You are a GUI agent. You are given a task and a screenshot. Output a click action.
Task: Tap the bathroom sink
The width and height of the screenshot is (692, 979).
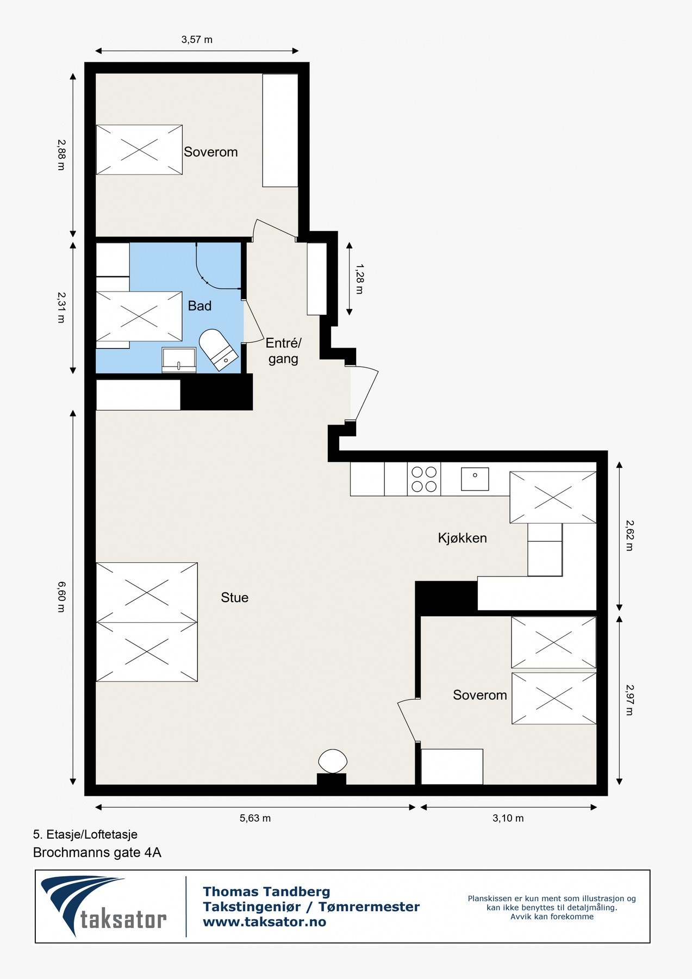179,360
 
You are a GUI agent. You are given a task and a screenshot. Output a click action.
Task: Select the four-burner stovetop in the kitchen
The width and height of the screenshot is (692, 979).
424,479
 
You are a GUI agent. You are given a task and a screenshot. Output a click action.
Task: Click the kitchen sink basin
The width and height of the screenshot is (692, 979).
475,479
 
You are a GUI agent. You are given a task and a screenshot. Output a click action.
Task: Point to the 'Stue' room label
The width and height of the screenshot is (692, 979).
234,598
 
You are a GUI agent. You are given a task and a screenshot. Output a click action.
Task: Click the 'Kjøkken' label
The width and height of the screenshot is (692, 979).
463,538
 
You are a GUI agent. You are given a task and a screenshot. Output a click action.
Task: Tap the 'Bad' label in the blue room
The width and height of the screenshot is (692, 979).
200,306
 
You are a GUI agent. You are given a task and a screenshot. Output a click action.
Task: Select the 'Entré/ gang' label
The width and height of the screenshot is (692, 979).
283,351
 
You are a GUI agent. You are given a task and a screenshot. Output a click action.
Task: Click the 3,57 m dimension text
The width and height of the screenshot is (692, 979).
197,39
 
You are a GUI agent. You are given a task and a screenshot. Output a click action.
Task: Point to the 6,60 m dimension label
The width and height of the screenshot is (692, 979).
61,597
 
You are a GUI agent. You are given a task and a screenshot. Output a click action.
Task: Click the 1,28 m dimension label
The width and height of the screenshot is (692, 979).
359,278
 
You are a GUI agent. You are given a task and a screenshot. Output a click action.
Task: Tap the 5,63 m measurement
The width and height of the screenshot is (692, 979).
255,818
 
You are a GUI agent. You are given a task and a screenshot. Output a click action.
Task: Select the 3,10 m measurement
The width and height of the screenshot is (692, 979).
508,818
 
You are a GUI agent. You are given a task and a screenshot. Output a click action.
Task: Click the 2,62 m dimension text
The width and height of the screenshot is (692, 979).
629,536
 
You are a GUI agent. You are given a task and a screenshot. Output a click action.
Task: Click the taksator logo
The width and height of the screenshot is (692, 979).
104,906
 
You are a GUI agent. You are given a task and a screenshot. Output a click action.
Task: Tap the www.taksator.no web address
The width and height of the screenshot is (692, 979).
264,922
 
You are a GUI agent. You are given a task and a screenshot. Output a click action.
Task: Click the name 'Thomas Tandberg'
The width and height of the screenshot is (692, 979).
266,892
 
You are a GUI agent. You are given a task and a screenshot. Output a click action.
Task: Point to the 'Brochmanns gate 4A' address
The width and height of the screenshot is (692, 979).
97,852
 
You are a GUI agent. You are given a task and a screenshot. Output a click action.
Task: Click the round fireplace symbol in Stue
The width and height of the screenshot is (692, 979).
332,760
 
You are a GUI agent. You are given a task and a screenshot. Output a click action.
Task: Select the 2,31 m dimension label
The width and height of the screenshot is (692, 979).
61,308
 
